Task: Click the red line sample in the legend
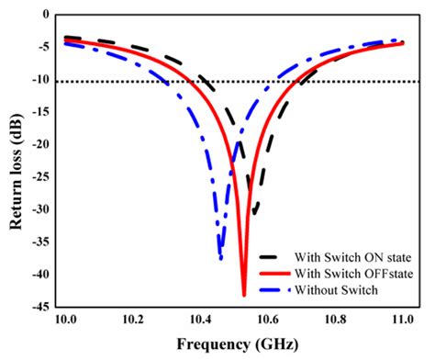pos(273,274)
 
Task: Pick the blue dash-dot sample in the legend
pos(273,289)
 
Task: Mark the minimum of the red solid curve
pos(244,295)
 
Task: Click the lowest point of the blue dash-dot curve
pos(221,258)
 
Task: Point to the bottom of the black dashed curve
pos(254,215)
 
